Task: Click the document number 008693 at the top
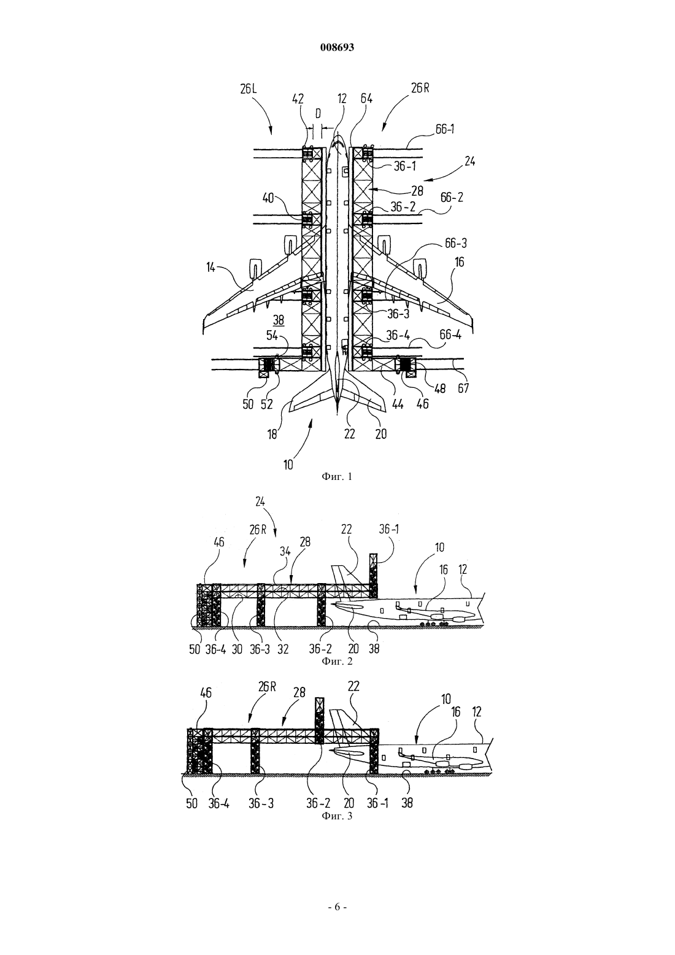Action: (337, 47)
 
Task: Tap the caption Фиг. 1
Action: (337, 477)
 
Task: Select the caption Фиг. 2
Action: (337, 661)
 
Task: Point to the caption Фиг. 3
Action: (337, 816)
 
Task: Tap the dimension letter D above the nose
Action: (317, 113)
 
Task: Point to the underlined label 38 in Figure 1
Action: (278, 320)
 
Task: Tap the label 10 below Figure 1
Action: (288, 465)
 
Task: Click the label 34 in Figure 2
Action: (285, 551)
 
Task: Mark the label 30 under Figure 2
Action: (237, 649)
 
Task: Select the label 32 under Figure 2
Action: (283, 649)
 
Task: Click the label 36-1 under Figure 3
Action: (377, 803)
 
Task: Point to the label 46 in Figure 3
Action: (206, 693)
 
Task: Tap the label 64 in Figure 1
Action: (366, 98)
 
